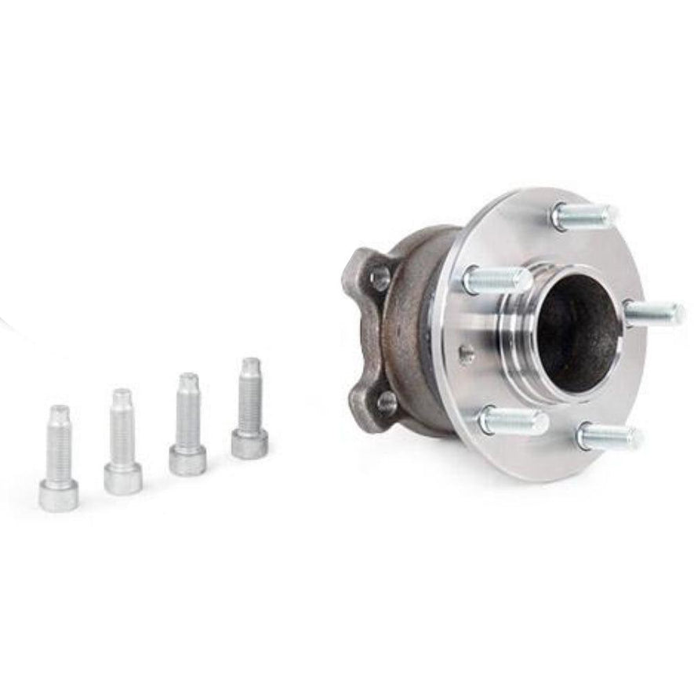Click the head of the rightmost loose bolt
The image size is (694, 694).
(249, 443)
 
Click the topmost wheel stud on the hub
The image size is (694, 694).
(583, 215)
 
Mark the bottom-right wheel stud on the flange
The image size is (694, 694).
(609, 436)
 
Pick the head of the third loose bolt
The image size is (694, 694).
(188, 459)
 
